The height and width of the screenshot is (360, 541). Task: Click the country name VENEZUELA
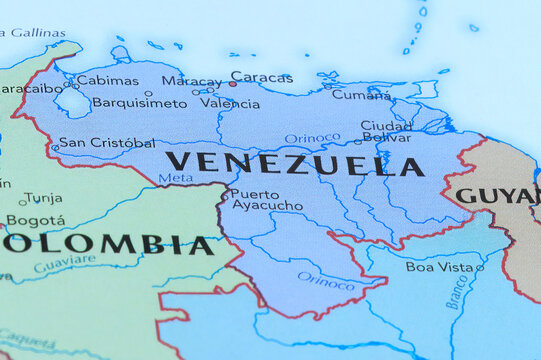pyautogui.click(x=294, y=164)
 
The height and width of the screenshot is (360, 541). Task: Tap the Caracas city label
pyautogui.click(x=262, y=77)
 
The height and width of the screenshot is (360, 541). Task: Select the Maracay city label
pyautogui.click(x=191, y=81)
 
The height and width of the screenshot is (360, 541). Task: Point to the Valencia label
pyautogui.click(x=229, y=103)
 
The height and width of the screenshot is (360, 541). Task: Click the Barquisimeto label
pyautogui.click(x=139, y=103)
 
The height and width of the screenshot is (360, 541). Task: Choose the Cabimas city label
pyautogui.click(x=107, y=80)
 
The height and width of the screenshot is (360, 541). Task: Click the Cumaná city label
pyautogui.click(x=361, y=94)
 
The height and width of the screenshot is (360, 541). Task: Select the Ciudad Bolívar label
pyautogui.click(x=386, y=132)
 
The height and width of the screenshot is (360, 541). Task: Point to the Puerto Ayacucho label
pyautogui.click(x=266, y=200)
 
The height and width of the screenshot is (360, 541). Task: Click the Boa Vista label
pyautogui.click(x=439, y=267)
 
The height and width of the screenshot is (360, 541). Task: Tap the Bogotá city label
pyautogui.click(x=36, y=220)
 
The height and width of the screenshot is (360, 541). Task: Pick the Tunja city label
pyautogui.click(x=43, y=198)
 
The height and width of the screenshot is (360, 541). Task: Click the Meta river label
pyautogui.click(x=175, y=178)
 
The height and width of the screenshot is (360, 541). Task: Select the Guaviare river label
pyautogui.click(x=65, y=264)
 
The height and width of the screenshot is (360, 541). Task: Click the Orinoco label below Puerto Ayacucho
pyautogui.click(x=326, y=282)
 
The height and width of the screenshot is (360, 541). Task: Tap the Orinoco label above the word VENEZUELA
pyautogui.click(x=312, y=139)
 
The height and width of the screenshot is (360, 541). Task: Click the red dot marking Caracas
pyautogui.click(x=232, y=84)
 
